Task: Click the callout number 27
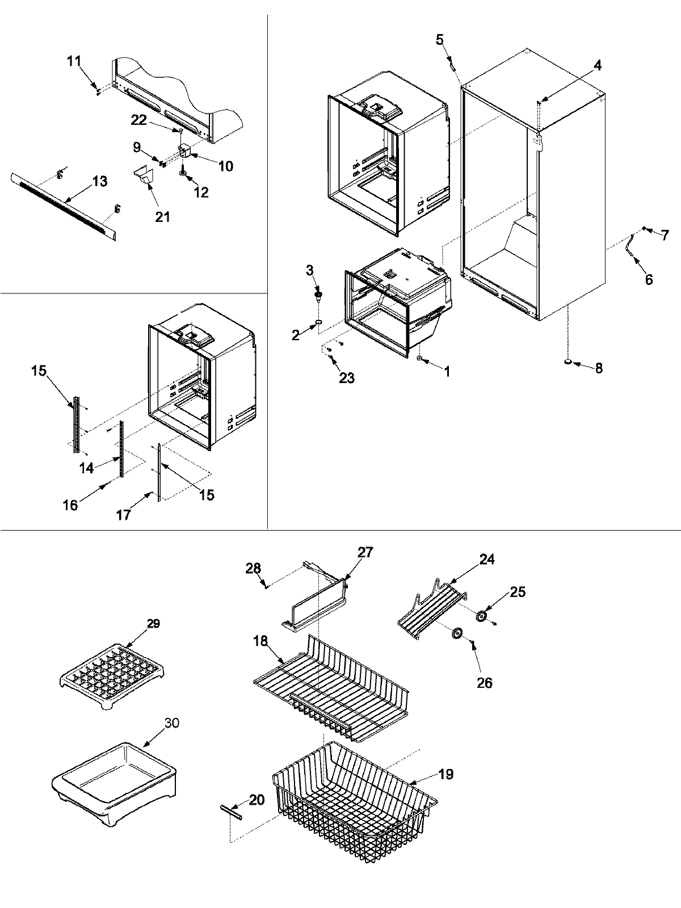(365, 552)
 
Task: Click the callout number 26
(484, 683)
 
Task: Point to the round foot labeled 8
(568, 361)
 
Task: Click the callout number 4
(597, 66)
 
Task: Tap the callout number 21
(162, 216)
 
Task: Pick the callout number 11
(74, 61)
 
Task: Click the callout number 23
(346, 377)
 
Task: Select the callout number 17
(123, 515)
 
